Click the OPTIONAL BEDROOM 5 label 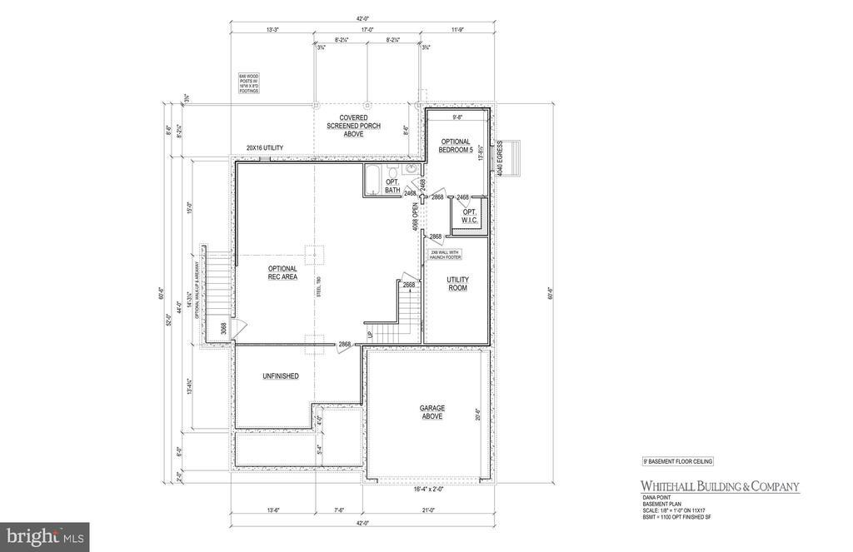456,146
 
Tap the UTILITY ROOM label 456,284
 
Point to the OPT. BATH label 393,186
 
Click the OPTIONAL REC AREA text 282,272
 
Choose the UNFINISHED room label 280,376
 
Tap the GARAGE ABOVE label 431,412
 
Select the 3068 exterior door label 223,329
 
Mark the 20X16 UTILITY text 264,148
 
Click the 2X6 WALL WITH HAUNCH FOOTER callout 446,254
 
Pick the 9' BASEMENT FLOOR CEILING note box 677,460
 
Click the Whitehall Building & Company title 719,486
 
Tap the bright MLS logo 44,537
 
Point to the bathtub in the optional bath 372,180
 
